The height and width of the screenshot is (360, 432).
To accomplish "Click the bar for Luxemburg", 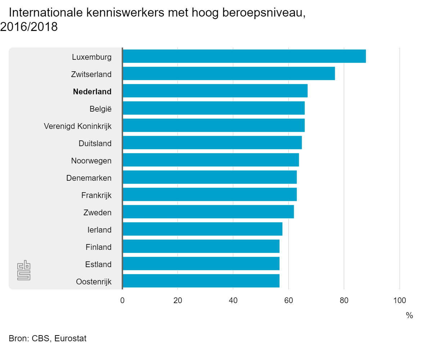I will coord(244,56).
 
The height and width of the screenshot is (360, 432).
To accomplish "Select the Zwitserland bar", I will coord(229,73).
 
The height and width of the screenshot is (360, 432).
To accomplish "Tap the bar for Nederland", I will coord(215,91).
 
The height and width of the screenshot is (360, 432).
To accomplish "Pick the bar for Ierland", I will coord(202,229).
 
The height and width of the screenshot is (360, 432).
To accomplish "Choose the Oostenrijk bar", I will coord(201,281).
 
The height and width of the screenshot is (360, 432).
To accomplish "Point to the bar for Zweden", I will coord(208,212).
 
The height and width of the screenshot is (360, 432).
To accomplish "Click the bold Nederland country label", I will coord(92,92).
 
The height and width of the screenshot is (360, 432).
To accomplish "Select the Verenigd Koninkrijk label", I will coord(78,126).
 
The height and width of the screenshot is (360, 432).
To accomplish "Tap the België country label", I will coord(100,109).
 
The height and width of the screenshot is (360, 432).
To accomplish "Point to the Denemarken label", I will coord(89,178).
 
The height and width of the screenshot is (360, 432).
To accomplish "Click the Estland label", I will coord(98,265).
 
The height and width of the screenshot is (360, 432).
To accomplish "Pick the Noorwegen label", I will coord(91,161).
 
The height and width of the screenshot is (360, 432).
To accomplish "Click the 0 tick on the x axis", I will coord(122,301).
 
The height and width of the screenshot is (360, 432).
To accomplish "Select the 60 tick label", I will coord(288,301).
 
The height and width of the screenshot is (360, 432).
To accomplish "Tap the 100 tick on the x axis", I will coord(399,301).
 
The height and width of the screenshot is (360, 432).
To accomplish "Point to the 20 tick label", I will coord(177,301).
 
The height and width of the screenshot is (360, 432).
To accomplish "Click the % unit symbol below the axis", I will coord(409,316).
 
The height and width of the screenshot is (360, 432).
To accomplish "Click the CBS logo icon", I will coord(24,270).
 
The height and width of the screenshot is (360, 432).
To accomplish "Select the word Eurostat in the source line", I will coord(70,339).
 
